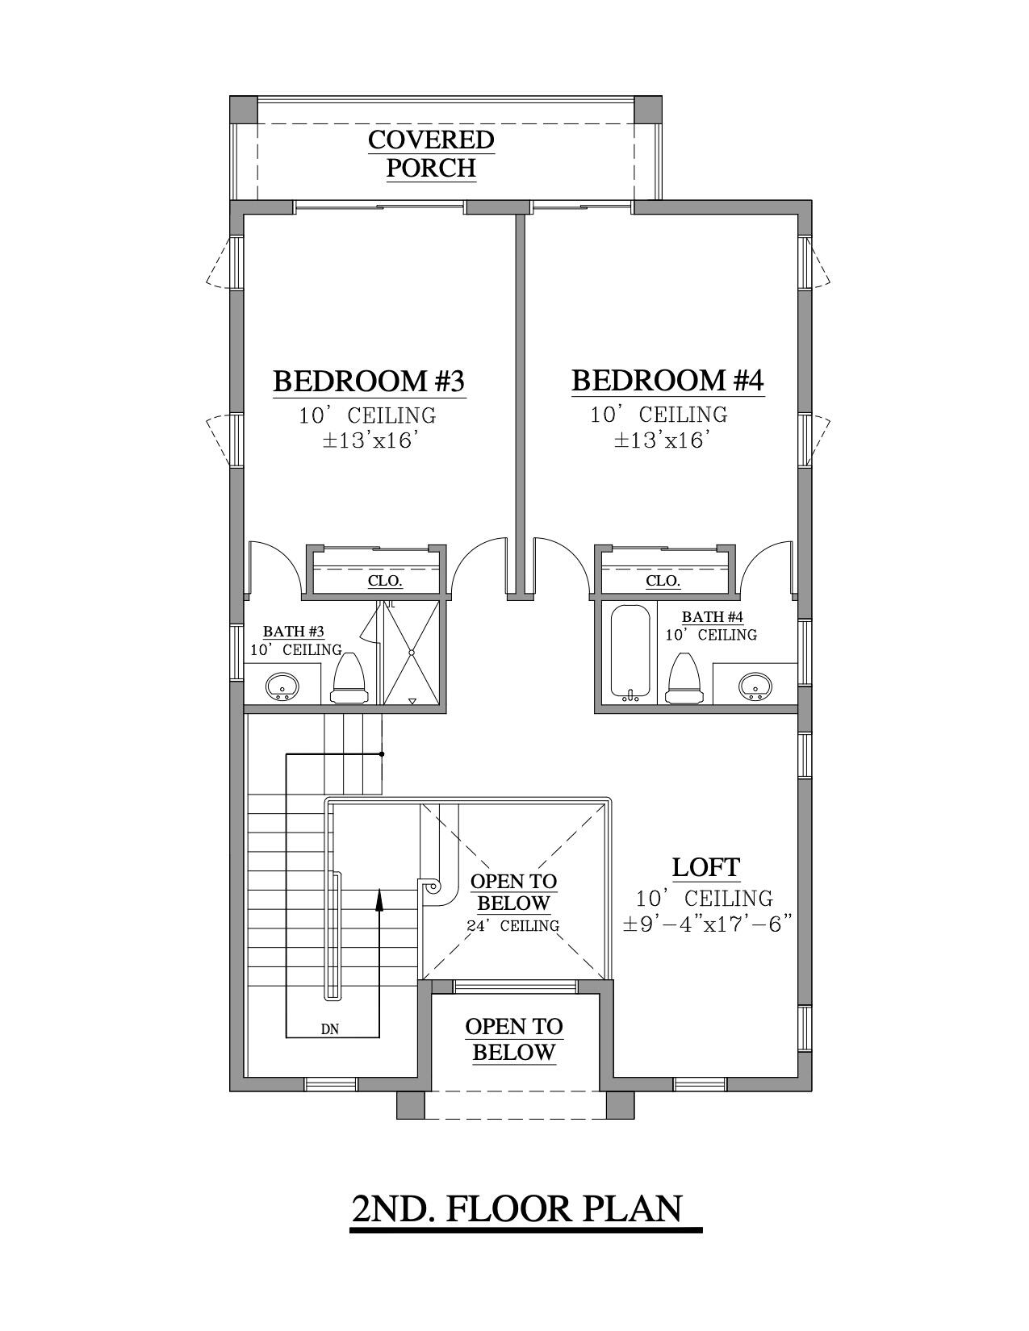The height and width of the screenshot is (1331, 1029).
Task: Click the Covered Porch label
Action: pyautogui.click(x=431, y=153)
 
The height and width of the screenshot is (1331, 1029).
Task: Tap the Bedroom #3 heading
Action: pyautogui.click(x=369, y=381)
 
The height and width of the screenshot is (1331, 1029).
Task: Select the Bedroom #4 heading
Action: pyautogui.click(x=667, y=380)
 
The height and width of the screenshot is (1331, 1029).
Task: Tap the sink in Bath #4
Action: pyautogui.click(x=755, y=686)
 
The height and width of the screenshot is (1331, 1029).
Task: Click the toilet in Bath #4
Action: pyautogui.click(x=687, y=678)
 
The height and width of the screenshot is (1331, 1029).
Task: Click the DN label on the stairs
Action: pyautogui.click(x=329, y=1029)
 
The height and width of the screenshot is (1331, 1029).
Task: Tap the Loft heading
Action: pyautogui.click(x=706, y=868)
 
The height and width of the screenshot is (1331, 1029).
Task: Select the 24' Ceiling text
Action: pyautogui.click(x=513, y=926)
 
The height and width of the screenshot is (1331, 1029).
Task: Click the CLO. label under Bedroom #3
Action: pyautogui.click(x=385, y=581)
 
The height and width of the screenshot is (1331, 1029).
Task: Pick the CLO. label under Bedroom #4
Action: pyautogui.click(x=663, y=581)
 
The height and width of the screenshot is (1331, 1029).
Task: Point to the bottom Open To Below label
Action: pyautogui.click(x=514, y=1039)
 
